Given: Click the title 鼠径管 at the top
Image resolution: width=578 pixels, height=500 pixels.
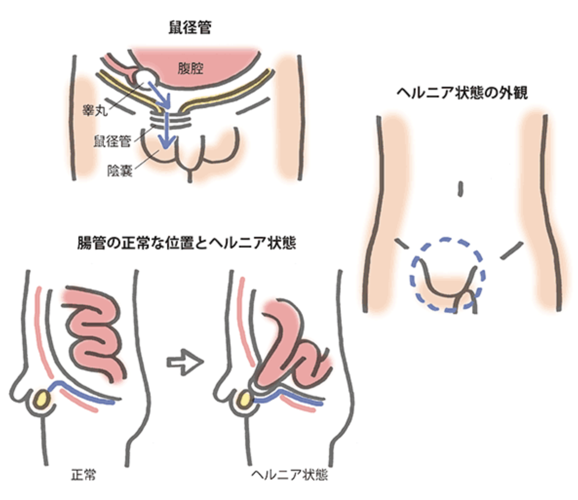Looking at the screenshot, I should click(190, 28).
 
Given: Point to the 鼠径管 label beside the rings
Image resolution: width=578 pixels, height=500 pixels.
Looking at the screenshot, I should click(112, 142).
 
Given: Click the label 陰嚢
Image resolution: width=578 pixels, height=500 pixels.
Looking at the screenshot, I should click(120, 171).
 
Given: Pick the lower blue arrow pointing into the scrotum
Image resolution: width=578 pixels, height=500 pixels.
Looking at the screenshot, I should click(167, 132).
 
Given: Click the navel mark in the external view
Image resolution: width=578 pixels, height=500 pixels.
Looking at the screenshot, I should click(460, 189).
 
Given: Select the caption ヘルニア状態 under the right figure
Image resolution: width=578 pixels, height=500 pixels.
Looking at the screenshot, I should click(290, 475).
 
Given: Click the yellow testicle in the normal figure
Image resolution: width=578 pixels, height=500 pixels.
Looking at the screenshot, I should click(42, 398).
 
